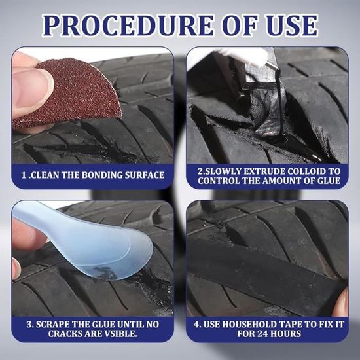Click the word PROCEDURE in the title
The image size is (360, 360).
pyautogui.click(x=128, y=26)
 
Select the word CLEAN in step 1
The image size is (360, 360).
pyautogui.click(x=45, y=175)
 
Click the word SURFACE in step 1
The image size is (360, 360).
pyautogui.click(x=145, y=175)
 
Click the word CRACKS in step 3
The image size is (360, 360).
pyautogui.click(x=65, y=334)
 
